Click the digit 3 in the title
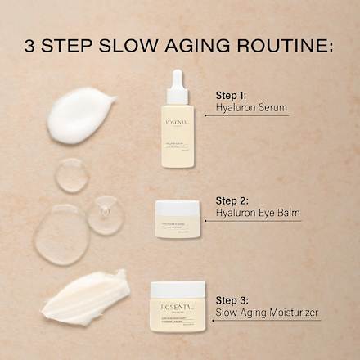[30, 44]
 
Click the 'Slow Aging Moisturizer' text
[266, 313]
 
